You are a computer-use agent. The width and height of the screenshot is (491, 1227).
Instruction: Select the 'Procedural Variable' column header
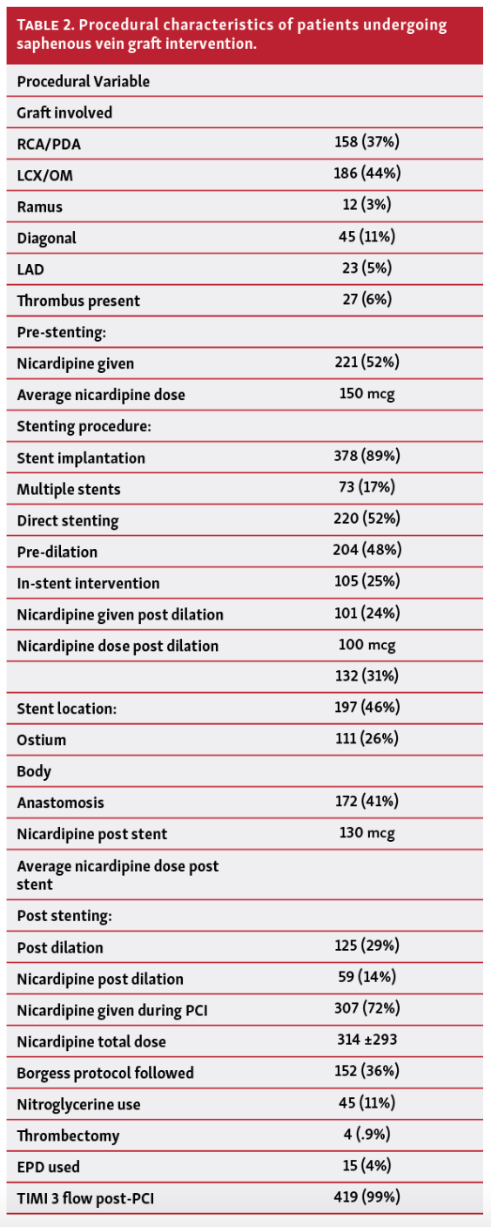click(x=83, y=81)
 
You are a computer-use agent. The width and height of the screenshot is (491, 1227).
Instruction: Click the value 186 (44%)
click(x=367, y=173)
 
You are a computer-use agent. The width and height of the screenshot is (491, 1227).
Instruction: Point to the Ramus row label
click(x=39, y=207)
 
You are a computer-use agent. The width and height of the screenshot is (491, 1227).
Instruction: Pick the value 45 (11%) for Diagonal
click(x=367, y=236)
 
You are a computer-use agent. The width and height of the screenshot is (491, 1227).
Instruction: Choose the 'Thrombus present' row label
click(x=78, y=301)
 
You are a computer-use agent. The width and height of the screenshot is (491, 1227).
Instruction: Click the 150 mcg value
click(x=367, y=394)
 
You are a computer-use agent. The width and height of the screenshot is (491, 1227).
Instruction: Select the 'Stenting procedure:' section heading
click(x=81, y=426)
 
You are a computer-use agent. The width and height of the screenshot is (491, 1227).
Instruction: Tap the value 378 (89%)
click(x=367, y=456)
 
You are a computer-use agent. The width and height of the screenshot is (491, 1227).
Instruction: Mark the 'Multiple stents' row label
click(x=69, y=489)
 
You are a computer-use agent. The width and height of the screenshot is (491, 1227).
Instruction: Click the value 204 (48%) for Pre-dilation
click(x=367, y=551)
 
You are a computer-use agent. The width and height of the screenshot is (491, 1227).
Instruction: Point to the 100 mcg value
click(x=367, y=645)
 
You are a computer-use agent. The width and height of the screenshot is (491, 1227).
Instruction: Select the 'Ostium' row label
click(x=41, y=740)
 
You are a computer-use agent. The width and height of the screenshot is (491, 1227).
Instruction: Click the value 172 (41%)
click(x=367, y=802)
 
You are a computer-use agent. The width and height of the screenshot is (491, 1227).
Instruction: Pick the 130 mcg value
click(x=367, y=833)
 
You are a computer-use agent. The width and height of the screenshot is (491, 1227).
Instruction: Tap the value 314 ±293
click(x=367, y=1041)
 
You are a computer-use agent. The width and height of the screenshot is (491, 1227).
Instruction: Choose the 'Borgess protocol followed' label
click(x=105, y=1073)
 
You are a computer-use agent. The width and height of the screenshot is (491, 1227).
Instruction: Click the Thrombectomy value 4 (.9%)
click(x=367, y=1135)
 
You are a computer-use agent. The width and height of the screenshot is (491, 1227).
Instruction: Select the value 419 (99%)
click(x=367, y=1197)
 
